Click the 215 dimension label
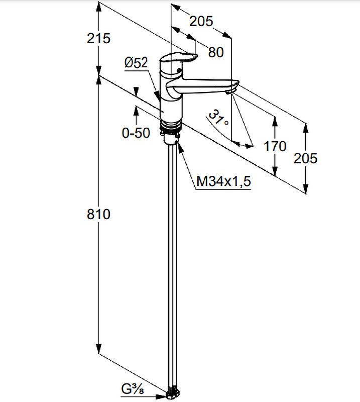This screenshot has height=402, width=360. (x=98, y=39)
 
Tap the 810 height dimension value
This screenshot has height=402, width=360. (x=98, y=214)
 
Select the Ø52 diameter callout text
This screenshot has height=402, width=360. (x=136, y=62)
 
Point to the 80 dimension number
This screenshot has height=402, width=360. (x=216, y=52)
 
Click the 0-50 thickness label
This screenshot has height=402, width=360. (x=136, y=133)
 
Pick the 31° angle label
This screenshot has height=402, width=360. (x=218, y=117)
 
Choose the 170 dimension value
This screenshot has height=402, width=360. (x=275, y=146)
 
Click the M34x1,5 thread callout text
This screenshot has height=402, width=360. (x=223, y=181)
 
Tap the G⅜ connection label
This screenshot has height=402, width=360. (x=133, y=389)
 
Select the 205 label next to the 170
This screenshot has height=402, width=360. (x=305, y=158)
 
